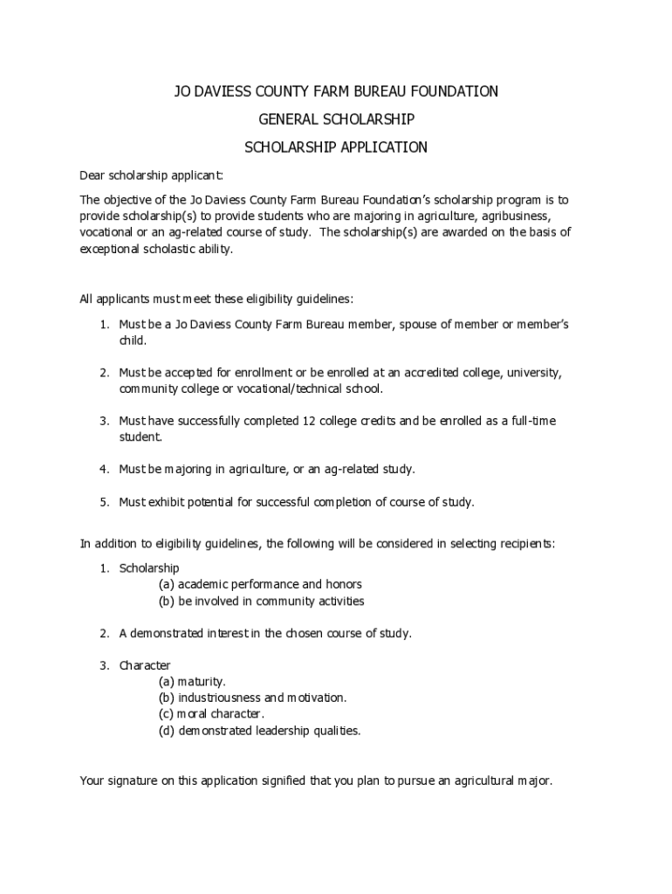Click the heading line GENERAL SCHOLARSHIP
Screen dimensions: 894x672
[x=336, y=119]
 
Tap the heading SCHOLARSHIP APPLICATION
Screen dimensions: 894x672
[x=336, y=148]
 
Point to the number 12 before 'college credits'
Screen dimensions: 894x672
[x=308, y=421]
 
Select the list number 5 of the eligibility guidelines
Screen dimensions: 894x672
[x=103, y=502]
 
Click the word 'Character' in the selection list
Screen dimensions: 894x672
[x=145, y=665]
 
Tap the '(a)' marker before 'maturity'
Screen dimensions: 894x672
[x=166, y=682]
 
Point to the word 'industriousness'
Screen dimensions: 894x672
[x=219, y=698]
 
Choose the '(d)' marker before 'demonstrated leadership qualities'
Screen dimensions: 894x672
[x=166, y=731]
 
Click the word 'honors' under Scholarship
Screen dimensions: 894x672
[x=343, y=584]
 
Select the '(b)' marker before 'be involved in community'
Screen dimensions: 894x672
[x=166, y=601]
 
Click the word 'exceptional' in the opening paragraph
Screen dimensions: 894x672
[x=109, y=249]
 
